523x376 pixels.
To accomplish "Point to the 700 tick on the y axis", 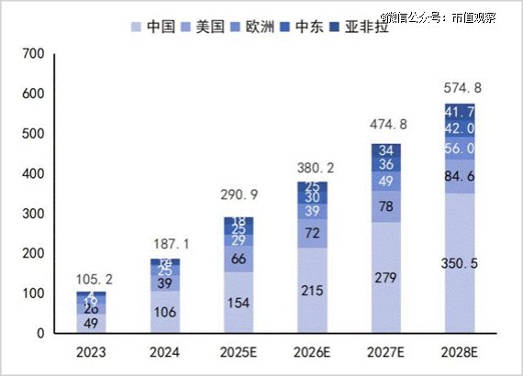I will [x=33, y=55].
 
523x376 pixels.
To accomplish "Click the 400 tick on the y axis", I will [x=33, y=174].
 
